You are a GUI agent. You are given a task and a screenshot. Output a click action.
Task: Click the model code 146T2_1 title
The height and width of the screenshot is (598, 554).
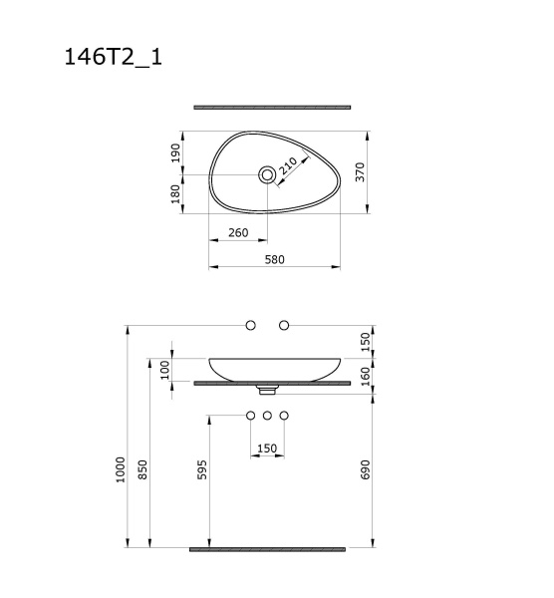(x=114, y=57)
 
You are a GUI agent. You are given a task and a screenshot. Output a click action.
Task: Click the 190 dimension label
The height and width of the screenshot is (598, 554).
(x=175, y=153)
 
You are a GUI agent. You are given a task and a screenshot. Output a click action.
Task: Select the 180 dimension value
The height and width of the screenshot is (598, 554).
(x=175, y=193)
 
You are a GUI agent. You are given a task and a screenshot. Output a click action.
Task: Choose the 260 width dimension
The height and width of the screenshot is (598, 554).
(x=237, y=233)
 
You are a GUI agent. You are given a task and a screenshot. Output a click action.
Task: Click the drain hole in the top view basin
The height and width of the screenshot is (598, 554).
(x=266, y=174)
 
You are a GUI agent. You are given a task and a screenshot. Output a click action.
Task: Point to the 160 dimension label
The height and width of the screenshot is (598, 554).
(x=365, y=377)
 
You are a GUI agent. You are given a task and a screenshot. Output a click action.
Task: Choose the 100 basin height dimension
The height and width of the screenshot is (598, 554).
(x=165, y=370)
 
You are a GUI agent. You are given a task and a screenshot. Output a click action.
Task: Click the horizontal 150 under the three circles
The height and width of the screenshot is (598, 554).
(x=267, y=448)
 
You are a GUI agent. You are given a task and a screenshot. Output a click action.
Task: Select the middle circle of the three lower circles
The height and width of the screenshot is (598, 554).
(x=267, y=415)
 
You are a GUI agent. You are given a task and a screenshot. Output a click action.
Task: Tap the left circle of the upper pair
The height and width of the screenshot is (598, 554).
(x=250, y=326)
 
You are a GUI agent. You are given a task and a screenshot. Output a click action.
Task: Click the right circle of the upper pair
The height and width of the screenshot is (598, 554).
(x=284, y=326)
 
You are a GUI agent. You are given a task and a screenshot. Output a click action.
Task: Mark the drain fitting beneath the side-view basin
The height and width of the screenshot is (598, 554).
(x=267, y=386)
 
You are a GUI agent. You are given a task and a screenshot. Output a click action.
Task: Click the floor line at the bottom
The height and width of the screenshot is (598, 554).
(x=267, y=548)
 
